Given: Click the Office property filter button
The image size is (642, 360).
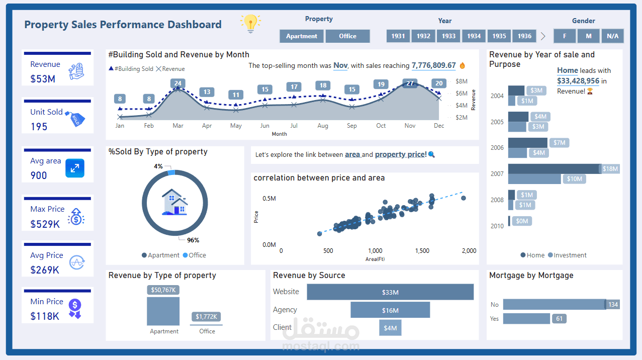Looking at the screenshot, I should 347,36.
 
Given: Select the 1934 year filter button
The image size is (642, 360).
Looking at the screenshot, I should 474,36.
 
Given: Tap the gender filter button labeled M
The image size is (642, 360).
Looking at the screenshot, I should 588,36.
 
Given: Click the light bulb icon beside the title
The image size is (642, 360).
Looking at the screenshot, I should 250,23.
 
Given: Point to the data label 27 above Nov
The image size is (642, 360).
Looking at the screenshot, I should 410,83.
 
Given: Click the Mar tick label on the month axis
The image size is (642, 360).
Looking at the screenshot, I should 178,126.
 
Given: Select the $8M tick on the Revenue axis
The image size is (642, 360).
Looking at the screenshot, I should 462,81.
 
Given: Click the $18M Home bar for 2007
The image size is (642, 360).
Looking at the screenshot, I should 554,169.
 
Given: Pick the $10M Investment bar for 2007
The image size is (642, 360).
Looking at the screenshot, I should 534,179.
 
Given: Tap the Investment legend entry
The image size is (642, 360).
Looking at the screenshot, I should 567,255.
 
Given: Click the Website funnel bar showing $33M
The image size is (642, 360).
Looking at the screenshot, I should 390,292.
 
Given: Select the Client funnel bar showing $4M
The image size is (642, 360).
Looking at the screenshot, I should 390,328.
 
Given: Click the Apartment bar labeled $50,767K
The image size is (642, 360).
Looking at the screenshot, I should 163,311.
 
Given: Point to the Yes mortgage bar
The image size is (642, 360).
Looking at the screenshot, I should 526,319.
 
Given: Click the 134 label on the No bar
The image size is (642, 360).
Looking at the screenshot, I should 613,305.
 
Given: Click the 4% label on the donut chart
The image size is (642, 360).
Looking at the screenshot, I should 158,166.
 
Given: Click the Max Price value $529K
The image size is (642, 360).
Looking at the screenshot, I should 45,224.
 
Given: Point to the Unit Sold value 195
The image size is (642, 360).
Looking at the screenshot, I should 39,127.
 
